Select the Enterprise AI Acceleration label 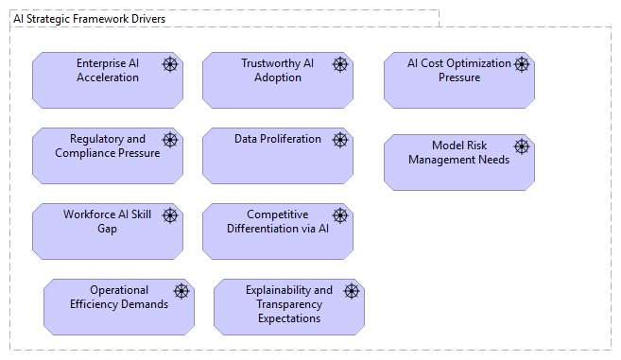pos(108,71)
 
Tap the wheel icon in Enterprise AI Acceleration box pos(170,64)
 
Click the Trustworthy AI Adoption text pos(278,71)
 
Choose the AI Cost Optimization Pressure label pos(458,71)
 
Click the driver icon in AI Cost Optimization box pos(521,64)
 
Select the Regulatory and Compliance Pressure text pos(108,146)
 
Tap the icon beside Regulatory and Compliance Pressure pos(170,140)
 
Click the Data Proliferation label pos(278,139)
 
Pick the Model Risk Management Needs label pos(458,153)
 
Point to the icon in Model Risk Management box pos(521,146)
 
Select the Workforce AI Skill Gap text pos(108,222)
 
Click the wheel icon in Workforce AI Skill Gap pos(170,215)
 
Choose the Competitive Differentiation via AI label pos(278,222)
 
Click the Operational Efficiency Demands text pos(119,298)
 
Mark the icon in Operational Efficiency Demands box pos(181,291)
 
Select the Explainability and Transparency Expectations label pos(289,304)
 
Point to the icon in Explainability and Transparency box pos(352,291)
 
